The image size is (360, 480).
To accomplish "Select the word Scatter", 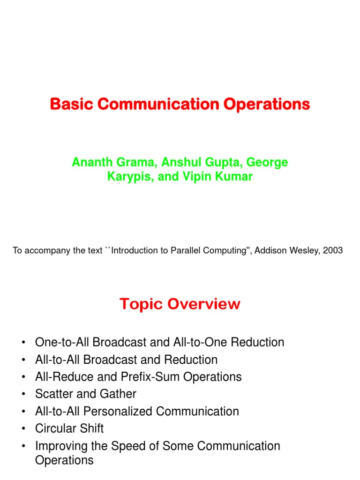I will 52,394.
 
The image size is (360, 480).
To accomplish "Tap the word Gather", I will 120,394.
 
